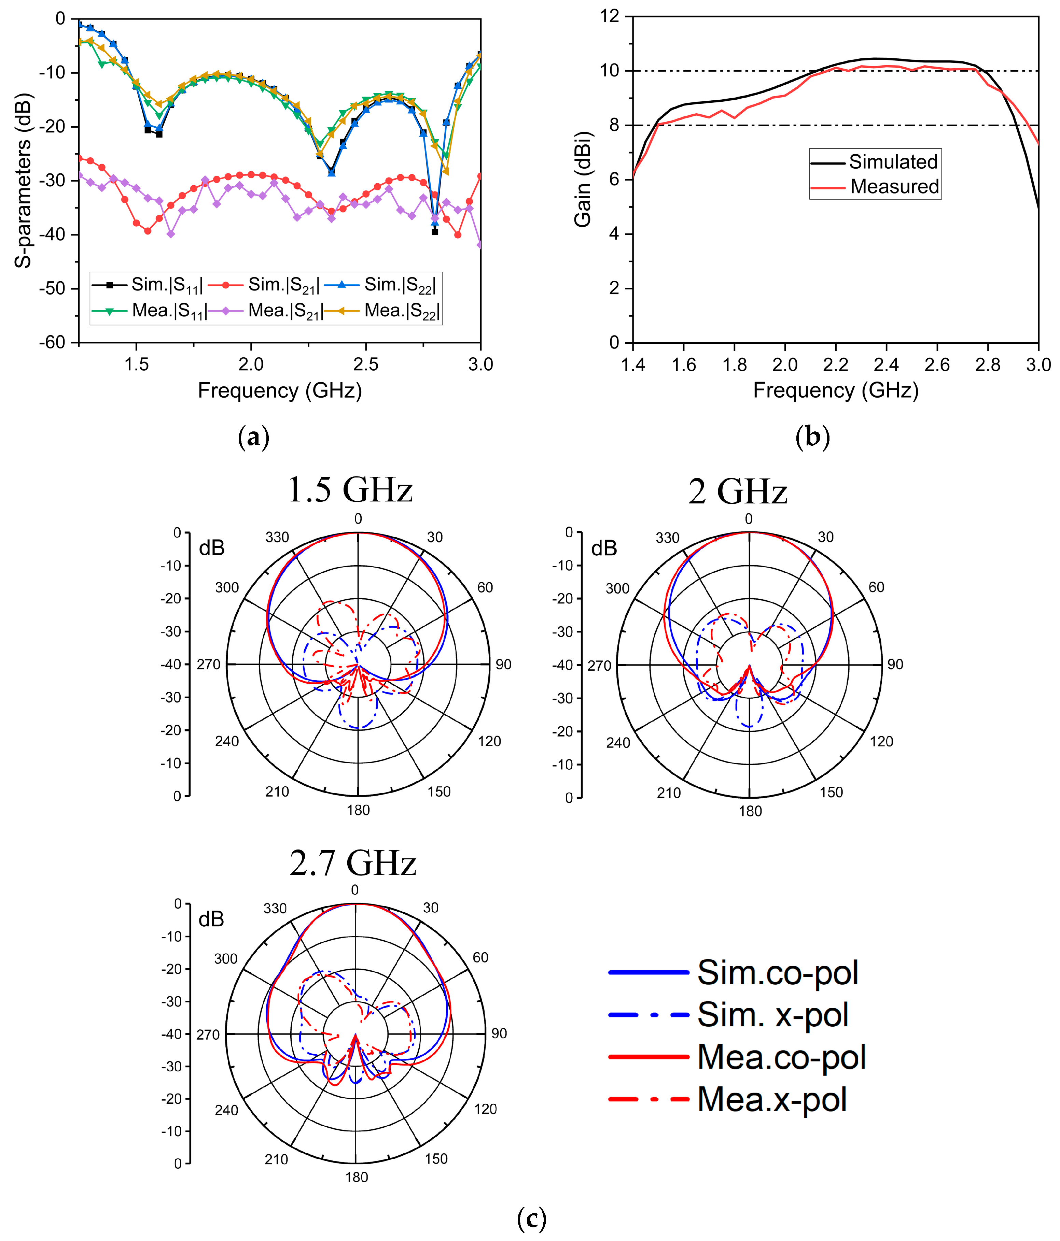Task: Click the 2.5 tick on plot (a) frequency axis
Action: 365,364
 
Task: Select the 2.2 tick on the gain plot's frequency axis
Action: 835,364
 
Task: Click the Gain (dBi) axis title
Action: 583,179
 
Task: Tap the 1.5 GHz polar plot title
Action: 350,490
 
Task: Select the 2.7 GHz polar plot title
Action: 353,863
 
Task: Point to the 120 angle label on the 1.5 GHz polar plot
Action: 489,741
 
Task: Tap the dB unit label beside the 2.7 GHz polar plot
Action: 211,919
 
